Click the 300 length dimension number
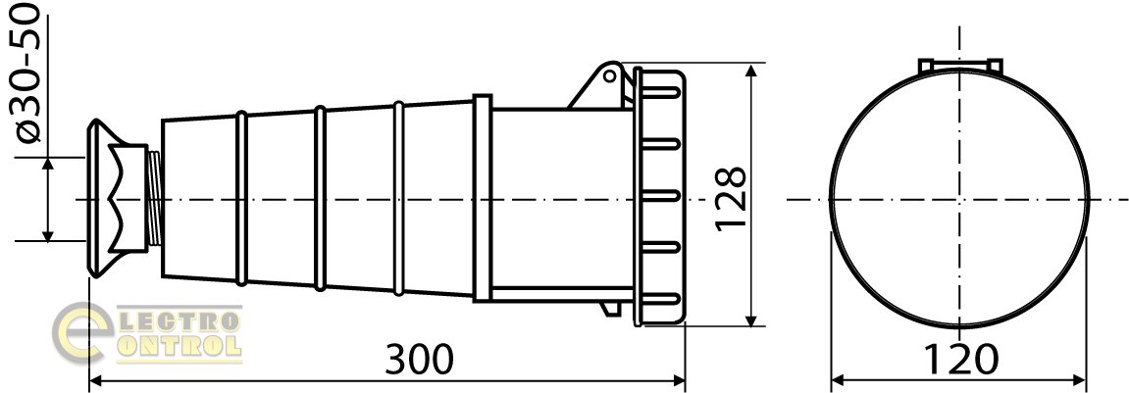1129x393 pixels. click(420, 359)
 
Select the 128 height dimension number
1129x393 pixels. click(731, 199)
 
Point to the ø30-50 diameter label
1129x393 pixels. click(28, 72)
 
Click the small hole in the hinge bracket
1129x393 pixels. click(609, 74)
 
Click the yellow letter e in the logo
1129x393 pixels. click(81, 333)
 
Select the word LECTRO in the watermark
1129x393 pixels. click(177, 319)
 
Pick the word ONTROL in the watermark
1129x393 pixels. click(177, 347)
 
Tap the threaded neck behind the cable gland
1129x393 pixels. click(154, 199)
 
